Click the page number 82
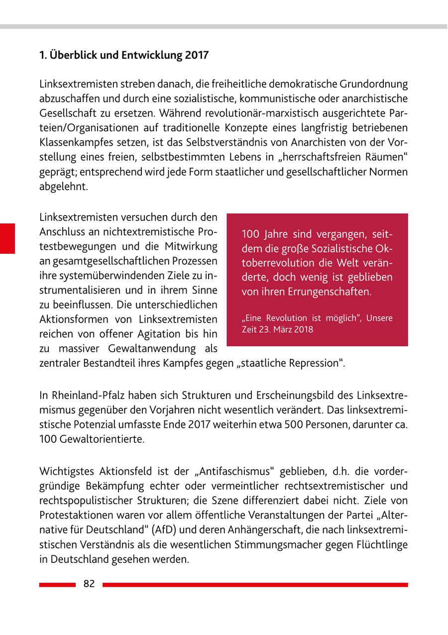click(89, 584)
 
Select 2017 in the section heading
click(197, 55)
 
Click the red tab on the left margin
click(7, 239)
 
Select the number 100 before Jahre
click(250, 234)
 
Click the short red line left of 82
click(57, 585)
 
